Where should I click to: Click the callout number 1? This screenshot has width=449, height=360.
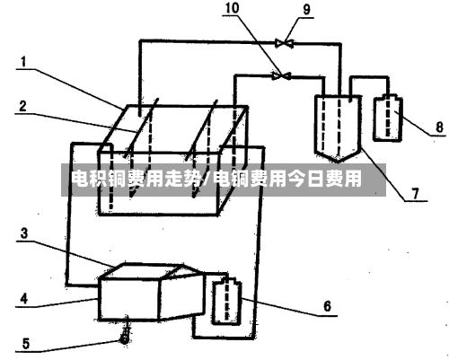click(x=23, y=62)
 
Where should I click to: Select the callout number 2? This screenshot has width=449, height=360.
click(x=23, y=107)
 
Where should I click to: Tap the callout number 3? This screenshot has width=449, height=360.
click(x=24, y=233)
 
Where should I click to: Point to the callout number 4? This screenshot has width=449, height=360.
click(x=23, y=299)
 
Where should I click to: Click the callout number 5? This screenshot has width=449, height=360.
click(x=26, y=344)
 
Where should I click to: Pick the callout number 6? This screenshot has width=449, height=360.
click(x=327, y=306)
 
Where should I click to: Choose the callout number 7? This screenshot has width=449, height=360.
click(x=415, y=194)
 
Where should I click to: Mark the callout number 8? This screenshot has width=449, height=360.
click(x=439, y=127)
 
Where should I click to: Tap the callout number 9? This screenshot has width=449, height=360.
click(x=307, y=10)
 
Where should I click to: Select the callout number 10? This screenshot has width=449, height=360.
click(x=232, y=8)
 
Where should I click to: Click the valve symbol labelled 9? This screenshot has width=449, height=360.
click(x=284, y=43)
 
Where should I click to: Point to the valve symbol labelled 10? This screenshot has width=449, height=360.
click(x=281, y=75)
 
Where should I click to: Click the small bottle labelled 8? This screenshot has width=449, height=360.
click(x=388, y=118)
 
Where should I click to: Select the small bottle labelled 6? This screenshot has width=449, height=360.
click(x=226, y=303)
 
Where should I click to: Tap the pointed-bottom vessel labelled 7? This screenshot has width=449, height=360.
click(x=338, y=128)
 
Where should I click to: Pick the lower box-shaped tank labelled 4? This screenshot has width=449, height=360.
click(x=152, y=293)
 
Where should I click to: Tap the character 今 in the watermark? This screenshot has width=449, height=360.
click(x=297, y=179)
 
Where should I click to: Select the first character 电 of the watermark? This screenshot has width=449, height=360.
click(x=81, y=179)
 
